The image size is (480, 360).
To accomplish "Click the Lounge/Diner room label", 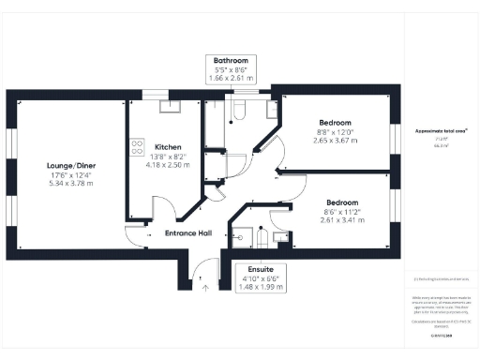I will (x=72, y=166).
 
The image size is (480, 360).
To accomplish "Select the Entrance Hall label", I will (x=188, y=232).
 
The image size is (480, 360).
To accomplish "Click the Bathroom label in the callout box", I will (x=230, y=59).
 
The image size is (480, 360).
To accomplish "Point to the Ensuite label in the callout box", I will (x=255, y=267).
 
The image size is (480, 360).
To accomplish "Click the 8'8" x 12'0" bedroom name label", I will (x=335, y=123).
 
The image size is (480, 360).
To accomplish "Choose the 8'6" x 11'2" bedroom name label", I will (x=340, y=202).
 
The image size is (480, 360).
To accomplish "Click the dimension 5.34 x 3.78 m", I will (x=72, y=184).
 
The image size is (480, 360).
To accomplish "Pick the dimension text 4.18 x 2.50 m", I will (x=168, y=164).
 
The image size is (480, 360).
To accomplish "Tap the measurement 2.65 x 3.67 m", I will (x=335, y=140).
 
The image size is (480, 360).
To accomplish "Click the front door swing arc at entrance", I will (x=197, y=272).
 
